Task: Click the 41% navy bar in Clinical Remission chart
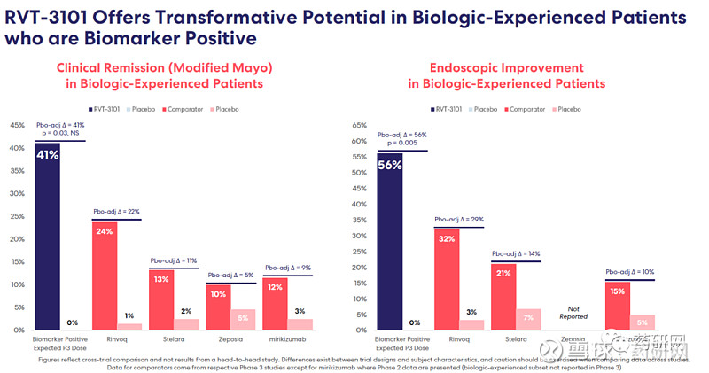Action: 48,239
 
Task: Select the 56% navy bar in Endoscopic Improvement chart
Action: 390,244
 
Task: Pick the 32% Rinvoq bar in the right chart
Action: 447,280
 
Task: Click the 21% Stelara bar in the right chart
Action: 503,297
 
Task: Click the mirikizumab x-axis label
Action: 287,338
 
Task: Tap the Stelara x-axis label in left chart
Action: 173,338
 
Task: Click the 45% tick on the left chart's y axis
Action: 17,126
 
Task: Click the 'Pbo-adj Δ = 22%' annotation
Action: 116,212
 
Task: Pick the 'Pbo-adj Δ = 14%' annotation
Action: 516,253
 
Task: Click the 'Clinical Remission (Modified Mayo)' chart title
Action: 164,67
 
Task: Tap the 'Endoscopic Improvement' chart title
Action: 506,67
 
